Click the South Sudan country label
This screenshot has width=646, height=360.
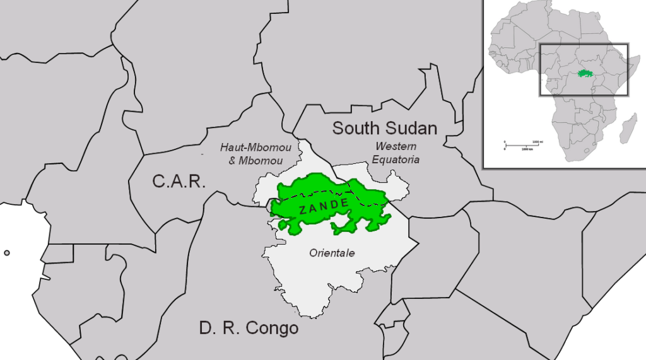pyautogui.click(x=385, y=129)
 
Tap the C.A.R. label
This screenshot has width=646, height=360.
pyautogui.click(x=179, y=182)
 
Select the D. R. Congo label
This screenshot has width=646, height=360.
pyautogui.click(x=249, y=328)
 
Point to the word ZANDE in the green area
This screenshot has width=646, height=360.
pyautogui.click(x=324, y=205)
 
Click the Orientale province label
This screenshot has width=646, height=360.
pyautogui.click(x=332, y=253)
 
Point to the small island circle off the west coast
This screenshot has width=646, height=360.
pyautogui.click(x=7, y=253)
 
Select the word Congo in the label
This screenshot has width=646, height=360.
pyautogui.click(x=272, y=328)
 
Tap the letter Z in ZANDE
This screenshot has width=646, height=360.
pyautogui.click(x=304, y=210)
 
